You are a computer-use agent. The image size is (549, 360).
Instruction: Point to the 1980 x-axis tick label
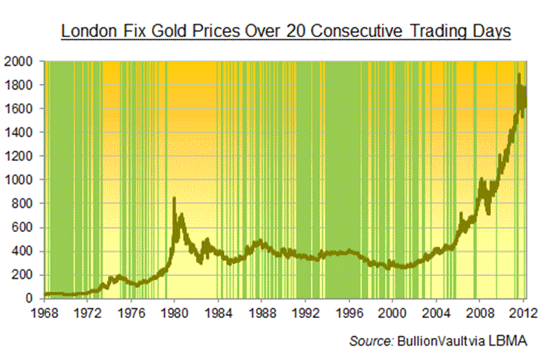[174, 311]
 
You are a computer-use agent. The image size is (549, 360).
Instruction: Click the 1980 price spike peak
[174, 198]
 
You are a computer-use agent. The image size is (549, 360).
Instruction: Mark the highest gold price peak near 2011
[519, 74]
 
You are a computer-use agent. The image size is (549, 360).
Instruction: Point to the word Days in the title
[491, 32]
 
